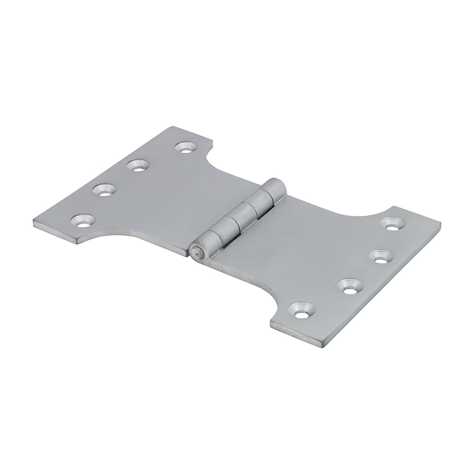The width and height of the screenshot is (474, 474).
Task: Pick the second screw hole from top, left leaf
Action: [138, 165]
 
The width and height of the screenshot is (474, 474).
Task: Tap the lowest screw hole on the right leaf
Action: [304, 310]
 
